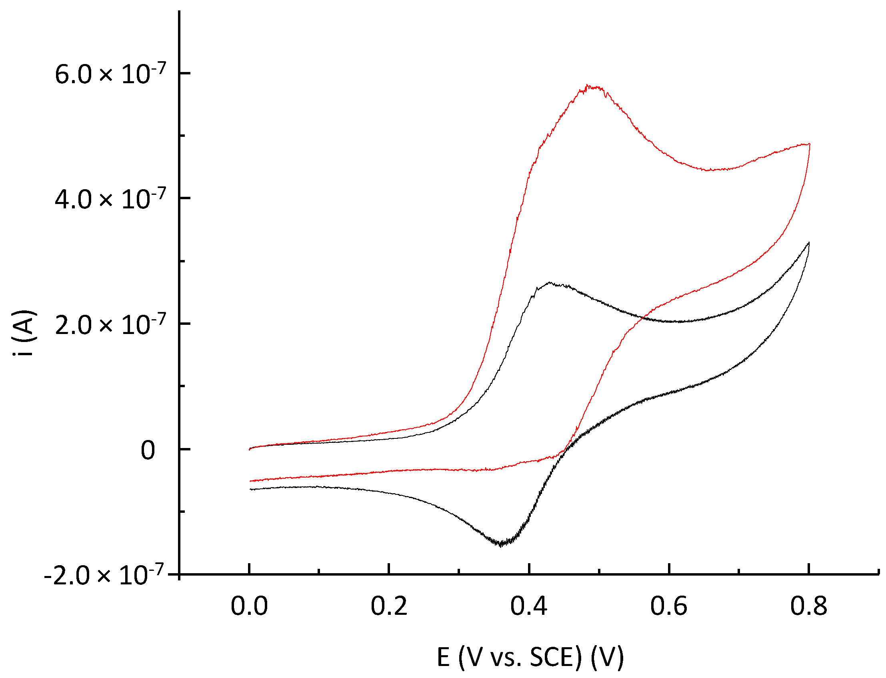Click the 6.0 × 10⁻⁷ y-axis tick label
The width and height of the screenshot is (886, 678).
pos(110,74)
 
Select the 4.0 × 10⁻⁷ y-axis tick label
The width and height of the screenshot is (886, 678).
pos(110,199)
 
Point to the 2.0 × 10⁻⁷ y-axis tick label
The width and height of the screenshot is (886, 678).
pos(110,325)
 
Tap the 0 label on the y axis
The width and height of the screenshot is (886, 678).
pos(148,450)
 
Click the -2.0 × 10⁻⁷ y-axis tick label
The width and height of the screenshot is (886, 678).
pos(104,576)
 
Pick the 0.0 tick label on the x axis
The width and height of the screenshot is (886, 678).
pos(249,606)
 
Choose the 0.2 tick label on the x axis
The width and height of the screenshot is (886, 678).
pos(389,606)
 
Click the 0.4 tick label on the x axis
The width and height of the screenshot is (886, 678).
pos(528,606)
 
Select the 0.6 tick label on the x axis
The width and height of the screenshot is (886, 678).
pos(668,606)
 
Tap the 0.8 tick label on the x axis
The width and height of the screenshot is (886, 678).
pos(808,606)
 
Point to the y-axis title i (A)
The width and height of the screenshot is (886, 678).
pos(25,333)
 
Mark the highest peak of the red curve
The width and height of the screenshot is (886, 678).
pos(588,86)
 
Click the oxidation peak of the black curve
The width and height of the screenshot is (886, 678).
pos(550,282)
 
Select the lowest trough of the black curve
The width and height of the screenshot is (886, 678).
pos(501,545)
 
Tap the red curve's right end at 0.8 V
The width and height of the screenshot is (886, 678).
pos(809,144)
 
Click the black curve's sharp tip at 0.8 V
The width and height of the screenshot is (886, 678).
pos(809,242)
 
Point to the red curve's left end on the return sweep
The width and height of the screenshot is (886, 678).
pos(250,481)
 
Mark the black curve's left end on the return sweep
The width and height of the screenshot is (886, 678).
pos(250,489)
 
